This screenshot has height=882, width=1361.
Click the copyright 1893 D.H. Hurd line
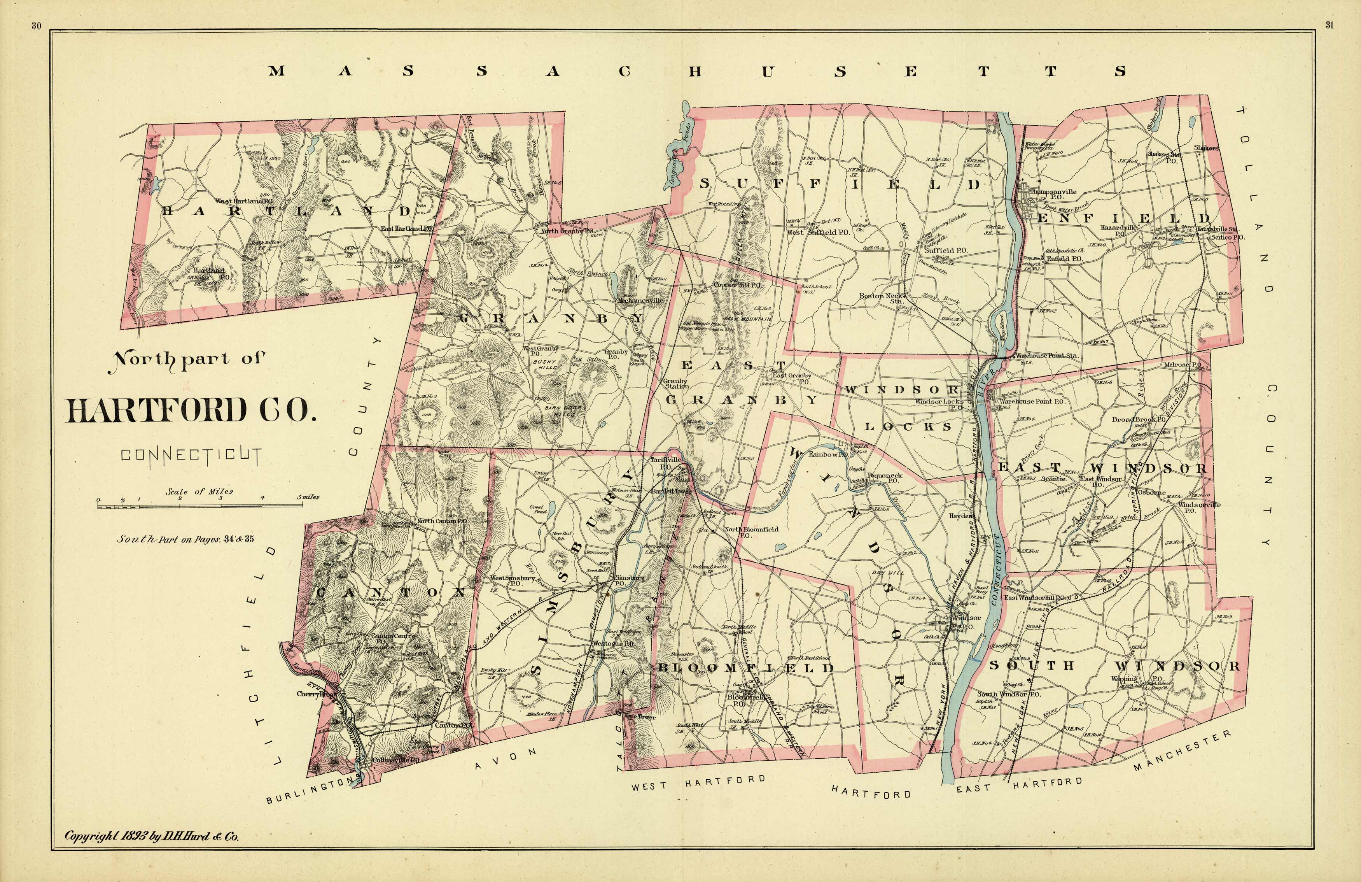pos(152,836)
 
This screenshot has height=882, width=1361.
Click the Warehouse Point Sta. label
pos(1046,355)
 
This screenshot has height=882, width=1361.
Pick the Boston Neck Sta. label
pos(881,298)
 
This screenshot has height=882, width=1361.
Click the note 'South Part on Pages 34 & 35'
pos(185,539)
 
